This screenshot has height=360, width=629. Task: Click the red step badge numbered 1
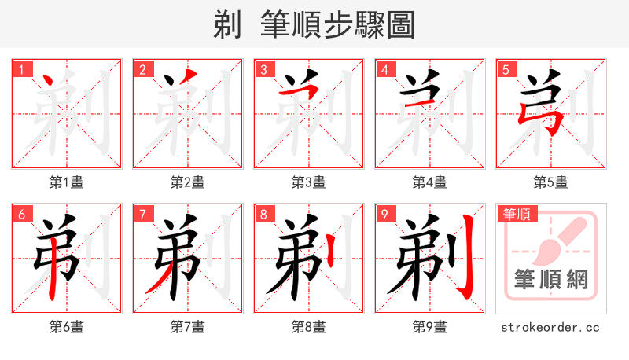pos(21,69)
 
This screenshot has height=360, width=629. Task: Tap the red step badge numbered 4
pos(384,69)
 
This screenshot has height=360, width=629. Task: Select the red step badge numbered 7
pos(142,214)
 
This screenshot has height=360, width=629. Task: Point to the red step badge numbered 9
pos(384,214)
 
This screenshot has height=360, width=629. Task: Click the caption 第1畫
pos(67,182)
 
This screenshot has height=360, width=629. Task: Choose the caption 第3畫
pos(309,182)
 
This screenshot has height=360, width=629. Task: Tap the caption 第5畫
pos(551,182)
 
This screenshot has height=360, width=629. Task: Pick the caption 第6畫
pos(67,327)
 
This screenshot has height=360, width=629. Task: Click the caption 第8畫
pos(309,327)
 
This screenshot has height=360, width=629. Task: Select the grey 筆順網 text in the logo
pos(551,279)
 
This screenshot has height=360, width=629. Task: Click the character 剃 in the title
pos(228,25)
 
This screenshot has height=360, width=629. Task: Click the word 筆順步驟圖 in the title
pos(338,25)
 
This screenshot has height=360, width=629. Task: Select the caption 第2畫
pos(188,182)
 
